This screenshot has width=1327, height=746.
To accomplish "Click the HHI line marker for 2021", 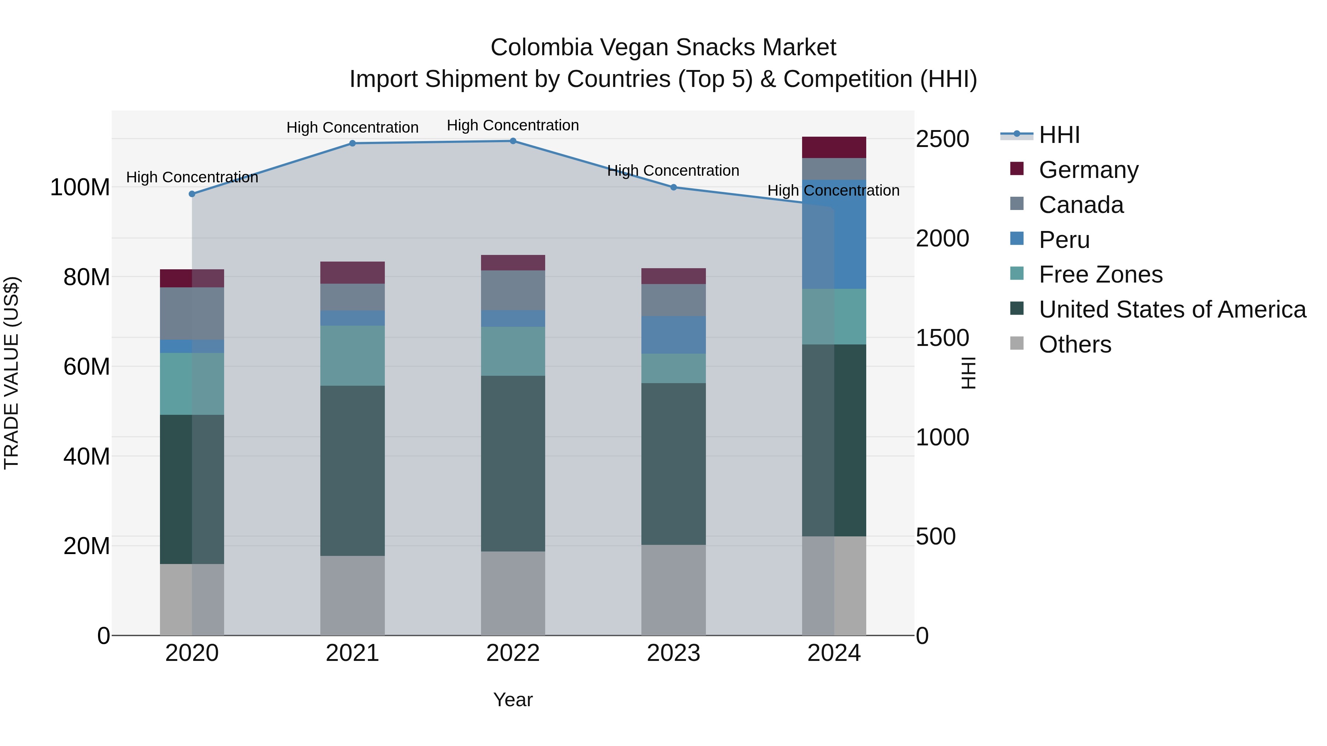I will pos(352,144).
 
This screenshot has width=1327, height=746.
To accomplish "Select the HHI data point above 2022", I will pos(513,141).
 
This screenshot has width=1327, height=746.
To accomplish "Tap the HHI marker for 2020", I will pos(192,194).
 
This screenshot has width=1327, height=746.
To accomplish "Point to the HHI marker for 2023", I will pos(673,188).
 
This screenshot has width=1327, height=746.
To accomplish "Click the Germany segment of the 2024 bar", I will pos(834,147).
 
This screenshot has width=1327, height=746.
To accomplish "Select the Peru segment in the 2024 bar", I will pos(834,234).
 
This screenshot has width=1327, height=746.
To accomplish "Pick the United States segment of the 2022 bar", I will pos(513,463).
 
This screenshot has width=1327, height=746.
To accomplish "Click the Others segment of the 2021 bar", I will pos(352,595).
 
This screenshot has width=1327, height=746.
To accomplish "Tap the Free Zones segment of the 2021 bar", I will pos(352,355).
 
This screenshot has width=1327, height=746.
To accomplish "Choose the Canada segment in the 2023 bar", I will pos(673,300).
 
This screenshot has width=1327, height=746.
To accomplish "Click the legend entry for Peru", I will pos(1064,240).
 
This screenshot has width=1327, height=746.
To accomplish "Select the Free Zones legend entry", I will pos(1100,275).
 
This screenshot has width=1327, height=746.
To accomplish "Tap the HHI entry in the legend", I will pos(1059,135).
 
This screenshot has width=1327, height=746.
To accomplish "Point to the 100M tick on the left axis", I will pos(80,188).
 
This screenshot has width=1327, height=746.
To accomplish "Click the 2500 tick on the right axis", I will pos(942,139).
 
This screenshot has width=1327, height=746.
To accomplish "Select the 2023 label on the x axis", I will pos(673,653).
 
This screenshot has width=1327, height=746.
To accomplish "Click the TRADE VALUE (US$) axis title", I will pos(11,373).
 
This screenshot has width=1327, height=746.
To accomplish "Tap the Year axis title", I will pos(513,700).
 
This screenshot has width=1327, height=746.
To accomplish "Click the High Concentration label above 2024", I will pos(833,190).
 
